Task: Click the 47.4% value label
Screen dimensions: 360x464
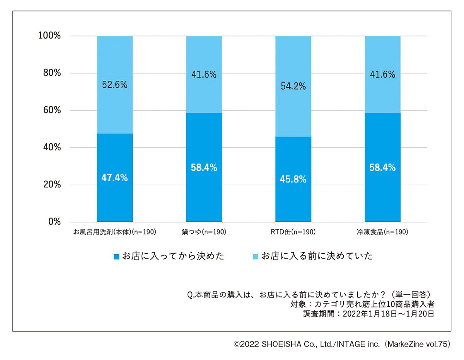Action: coord(114,178)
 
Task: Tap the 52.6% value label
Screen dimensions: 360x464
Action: coord(114,85)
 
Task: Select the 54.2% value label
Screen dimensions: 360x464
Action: coord(293,86)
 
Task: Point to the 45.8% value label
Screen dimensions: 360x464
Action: coord(293,179)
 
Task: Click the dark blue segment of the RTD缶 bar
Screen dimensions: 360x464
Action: coord(293,201)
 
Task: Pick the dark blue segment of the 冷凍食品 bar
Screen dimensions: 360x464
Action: coord(382,193)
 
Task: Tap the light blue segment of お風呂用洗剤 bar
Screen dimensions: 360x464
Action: coord(114,108)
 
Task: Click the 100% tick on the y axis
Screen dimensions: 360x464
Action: coord(49,36)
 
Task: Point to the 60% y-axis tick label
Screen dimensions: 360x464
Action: coord(51,110)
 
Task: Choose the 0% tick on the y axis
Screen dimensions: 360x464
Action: coord(54,222)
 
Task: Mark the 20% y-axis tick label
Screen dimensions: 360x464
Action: coord(51,185)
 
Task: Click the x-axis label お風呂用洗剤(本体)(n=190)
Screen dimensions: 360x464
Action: coord(114,233)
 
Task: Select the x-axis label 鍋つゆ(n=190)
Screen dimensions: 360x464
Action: coord(204,233)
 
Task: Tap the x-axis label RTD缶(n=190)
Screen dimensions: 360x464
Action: coord(293,233)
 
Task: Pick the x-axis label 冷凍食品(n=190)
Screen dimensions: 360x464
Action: coord(382,233)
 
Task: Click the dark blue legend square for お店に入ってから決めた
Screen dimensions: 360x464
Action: coord(117,256)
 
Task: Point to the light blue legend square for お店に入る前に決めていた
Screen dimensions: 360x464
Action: coord(256,256)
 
